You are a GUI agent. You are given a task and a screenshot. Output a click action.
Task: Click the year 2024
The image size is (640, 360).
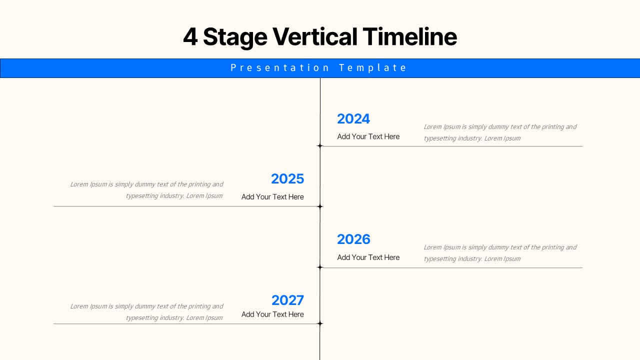point(353,119)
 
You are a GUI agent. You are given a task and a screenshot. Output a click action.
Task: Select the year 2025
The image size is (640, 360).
point(287,179)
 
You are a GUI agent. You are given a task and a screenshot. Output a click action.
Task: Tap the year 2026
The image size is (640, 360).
point(353,239)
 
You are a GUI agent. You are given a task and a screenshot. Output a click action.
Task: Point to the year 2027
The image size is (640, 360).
point(287,300)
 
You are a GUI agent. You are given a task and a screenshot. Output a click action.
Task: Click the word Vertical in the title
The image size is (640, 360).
point(314,37)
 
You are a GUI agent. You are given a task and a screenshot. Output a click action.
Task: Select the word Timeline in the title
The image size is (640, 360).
point(409,37)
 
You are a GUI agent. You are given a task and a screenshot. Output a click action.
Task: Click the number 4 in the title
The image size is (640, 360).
point(190,37)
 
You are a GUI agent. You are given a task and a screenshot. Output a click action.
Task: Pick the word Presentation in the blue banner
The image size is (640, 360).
point(280,68)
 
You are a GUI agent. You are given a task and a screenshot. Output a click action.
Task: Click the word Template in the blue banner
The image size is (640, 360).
point(373,68)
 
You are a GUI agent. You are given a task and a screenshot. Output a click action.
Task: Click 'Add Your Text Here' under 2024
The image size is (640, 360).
point(368,136)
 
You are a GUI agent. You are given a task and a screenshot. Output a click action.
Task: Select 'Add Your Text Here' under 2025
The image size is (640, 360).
point(272,197)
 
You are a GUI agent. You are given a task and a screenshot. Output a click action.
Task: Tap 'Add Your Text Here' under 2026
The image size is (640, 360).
point(368,257)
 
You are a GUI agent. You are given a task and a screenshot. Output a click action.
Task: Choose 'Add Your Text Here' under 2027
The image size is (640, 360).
point(272,314)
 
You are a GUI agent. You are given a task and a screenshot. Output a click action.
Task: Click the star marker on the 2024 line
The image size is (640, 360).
point(320,146)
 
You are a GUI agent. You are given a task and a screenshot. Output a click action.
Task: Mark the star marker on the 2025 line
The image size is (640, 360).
point(320,206)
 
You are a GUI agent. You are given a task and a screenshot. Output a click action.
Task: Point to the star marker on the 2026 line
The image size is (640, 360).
point(320,267)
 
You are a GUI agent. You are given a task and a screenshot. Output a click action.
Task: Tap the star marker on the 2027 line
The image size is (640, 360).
point(320,323)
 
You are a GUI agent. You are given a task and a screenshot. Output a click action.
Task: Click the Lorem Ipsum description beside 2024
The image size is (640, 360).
point(500,132)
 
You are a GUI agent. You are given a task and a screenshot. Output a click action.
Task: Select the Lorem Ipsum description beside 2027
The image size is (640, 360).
point(146,312)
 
